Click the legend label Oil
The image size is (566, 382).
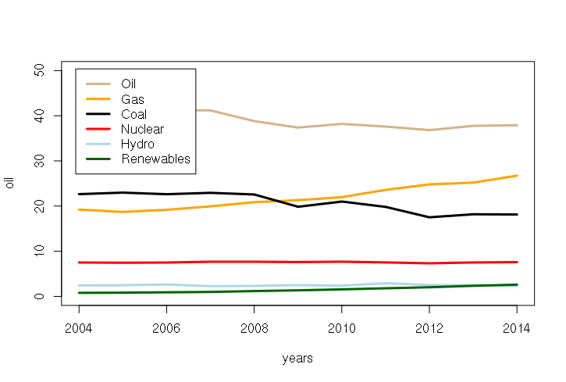(130, 84)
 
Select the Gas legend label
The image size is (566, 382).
(132, 99)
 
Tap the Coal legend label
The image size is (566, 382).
(133, 114)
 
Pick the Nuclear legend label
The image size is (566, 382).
(142, 129)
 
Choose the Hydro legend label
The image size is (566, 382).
(137, 144)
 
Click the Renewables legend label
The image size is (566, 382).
(155, 159)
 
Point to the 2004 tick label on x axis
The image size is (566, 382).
(78, 328)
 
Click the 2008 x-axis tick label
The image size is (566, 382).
(254, 328)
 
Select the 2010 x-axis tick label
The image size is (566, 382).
(341, 328)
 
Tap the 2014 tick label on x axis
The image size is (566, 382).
(517, 328)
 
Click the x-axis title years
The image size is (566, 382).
(297, 359)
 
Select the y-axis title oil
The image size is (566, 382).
(10, 184)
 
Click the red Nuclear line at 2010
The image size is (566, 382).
(341, 262)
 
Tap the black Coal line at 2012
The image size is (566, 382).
(429, 217)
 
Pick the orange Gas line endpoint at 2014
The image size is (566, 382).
(517, 176)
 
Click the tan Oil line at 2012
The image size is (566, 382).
(429, 130)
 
